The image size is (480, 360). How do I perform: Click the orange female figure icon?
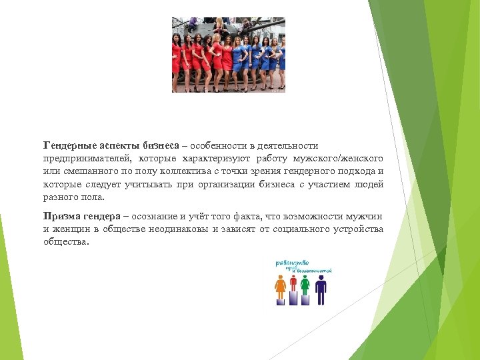(281, 287)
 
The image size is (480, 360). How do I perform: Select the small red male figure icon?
(293, 283)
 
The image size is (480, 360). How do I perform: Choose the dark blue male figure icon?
(321, 288)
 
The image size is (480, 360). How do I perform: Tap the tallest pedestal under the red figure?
(293, 298)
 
